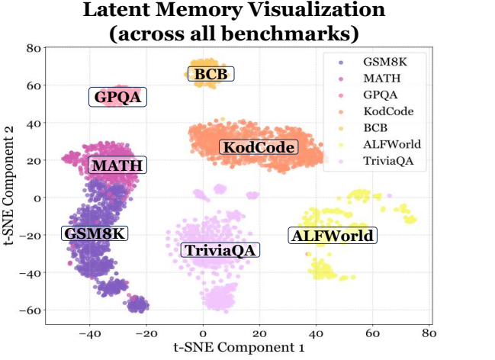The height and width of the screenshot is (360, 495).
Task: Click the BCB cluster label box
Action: click(x=210, y=74)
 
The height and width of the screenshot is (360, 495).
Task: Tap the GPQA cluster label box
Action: click(x=117, y=98)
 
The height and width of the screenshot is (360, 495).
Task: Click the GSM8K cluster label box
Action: click(x=94, y=233)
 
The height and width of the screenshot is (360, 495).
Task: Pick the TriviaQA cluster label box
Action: click(x=220, y=250)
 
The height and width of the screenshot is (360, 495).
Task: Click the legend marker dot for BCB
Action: click(x=339, y=127)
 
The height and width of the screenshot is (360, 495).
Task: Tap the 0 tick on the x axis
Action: click(x=203, y=333)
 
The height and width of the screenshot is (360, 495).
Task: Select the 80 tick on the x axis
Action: click(x=428, y=333)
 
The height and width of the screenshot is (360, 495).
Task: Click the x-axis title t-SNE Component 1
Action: click(x=239, y=347)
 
